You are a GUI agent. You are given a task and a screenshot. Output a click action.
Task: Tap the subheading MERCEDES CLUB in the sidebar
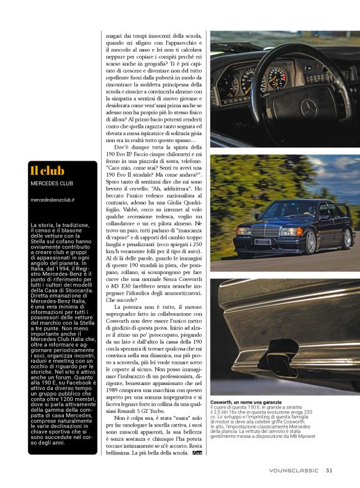(51, 184)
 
